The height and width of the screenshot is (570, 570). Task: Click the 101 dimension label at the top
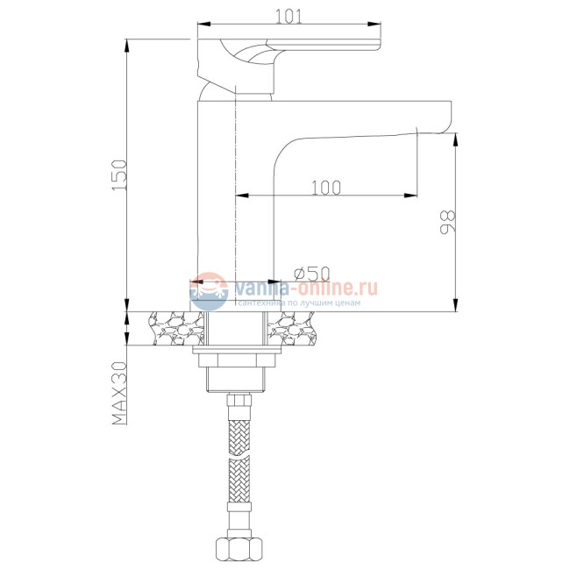[289, 17]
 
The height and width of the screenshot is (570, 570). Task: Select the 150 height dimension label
[119, 175]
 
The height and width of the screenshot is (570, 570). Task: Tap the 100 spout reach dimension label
[326, 188]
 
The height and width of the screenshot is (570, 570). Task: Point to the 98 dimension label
[447, 222]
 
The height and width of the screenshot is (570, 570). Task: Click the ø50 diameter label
[312, 274]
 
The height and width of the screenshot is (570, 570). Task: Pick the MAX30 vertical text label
[119, 393]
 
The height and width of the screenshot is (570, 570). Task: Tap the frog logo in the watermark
[209, 291]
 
